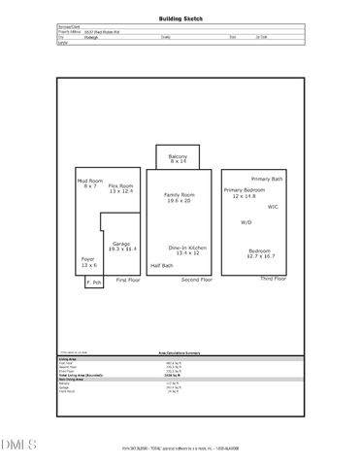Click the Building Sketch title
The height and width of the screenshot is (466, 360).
click(179, 18)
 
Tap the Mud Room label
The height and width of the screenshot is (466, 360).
click(89, 183)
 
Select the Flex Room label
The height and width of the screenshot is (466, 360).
click(120, 188)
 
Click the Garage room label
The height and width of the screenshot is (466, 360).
click(121, 246)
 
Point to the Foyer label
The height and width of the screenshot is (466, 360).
click(88, 261)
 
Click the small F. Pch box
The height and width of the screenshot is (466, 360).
click(94, 283)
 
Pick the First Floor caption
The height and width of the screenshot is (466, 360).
click(128, 280)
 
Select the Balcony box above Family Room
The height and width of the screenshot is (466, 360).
click(178, 158)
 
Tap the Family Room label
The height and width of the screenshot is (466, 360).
click(179, 197)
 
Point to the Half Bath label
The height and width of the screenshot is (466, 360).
click(162, 266)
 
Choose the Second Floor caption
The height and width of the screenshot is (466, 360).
click(197, 280)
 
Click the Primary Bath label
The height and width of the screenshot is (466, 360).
click(267, 180)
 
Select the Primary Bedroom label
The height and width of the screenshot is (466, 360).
click(243, 193)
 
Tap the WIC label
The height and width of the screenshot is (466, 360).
click(274, 207)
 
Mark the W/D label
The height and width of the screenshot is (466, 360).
click(246, 222)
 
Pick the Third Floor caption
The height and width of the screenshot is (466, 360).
click(273, 279)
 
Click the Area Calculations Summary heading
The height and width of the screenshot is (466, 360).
click(179, 353)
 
